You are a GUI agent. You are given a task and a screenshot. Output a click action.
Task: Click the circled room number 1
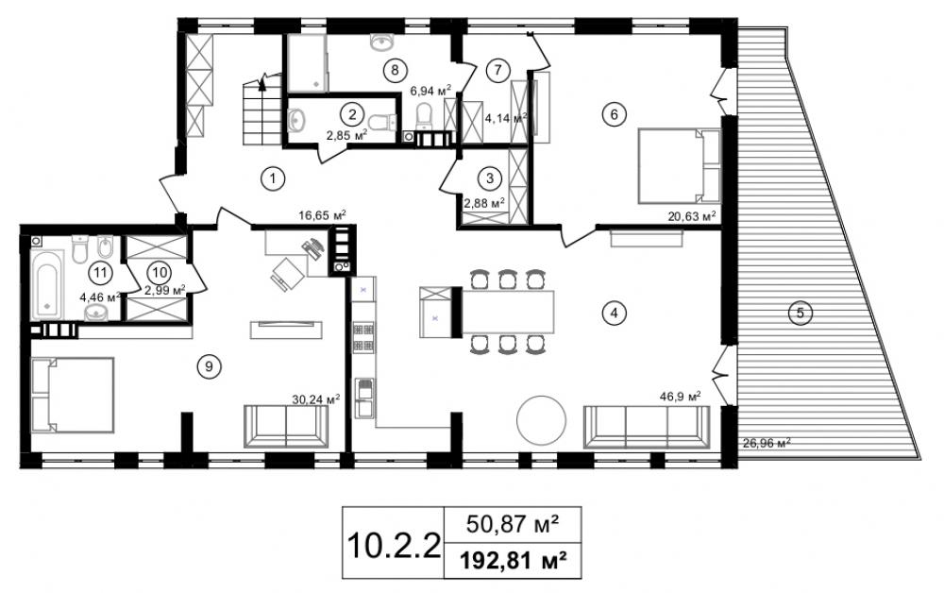(273, 178)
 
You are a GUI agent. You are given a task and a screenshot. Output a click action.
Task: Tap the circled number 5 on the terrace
(801, 313)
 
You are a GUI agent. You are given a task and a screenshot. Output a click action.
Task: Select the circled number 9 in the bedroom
(209, 366)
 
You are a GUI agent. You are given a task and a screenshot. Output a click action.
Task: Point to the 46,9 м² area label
(681, 397)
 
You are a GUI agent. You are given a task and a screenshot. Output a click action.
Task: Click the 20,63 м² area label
(692, 216)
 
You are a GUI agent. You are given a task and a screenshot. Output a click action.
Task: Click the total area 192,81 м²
(513, 561)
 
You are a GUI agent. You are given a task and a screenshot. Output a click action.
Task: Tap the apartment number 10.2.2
(394, 545)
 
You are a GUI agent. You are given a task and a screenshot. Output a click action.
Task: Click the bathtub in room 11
(47, 283)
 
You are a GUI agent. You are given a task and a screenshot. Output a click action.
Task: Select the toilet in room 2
(382, 123)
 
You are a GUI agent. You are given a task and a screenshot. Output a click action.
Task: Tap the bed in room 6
(679, 165)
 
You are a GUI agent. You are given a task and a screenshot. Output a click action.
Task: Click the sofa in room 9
(286, 426)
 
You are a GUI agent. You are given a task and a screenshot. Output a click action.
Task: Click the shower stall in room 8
(307, 63)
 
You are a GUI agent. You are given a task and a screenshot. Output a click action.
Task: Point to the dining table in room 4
(507, 312)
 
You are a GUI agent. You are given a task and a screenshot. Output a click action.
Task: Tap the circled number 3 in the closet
(489, 178)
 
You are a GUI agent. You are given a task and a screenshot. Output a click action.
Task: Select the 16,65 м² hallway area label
(322, 215)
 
